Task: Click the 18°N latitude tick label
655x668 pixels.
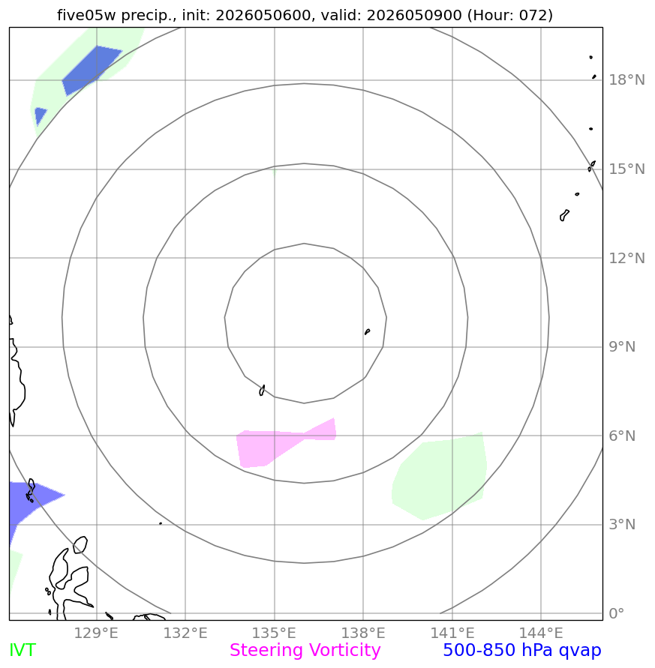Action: click(626, 79)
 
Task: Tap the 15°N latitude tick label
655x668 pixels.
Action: click(626, 169)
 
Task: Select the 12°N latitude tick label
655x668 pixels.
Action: click(626, 258)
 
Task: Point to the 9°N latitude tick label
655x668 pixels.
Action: click(622, 347)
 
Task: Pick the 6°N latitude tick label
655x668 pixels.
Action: click(622, 436)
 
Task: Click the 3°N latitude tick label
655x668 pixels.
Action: click(622, 524)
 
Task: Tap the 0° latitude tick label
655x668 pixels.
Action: click(617, 613)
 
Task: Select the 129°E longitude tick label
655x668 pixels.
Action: click(96, 633)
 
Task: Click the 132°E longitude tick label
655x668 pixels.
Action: click(185, 633)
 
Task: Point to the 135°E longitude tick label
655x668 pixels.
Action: click(274, 633)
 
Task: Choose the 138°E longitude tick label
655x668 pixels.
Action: click(363, 633)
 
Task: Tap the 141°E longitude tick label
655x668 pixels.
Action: click(452, 633)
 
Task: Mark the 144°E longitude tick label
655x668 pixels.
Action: click(541, 633)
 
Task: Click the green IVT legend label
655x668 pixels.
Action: click(23, 651)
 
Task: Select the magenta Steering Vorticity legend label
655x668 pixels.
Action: click(305, 651)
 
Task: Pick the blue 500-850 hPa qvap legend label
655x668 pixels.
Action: click(522, 651)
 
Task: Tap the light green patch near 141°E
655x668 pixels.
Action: click(439, 476)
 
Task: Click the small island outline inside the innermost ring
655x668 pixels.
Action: click(367, 331)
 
